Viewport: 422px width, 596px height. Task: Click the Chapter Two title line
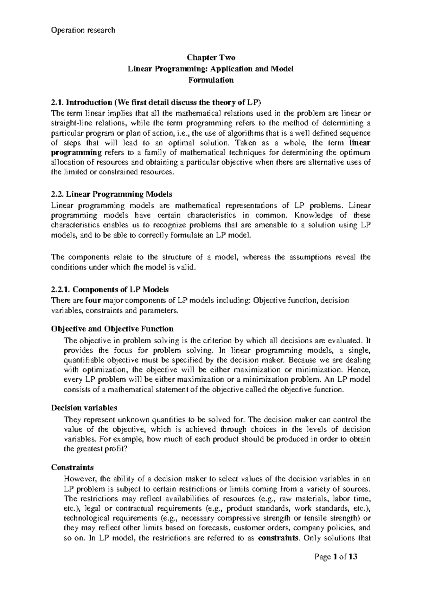(211, 58)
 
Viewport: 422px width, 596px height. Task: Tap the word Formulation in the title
(211, 80)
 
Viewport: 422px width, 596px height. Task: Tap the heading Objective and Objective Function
(112, 329)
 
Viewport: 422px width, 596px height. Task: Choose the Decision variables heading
(84, 408)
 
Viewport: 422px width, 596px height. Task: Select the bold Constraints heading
(72, 467)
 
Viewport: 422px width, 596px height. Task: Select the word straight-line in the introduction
(70, 123)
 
